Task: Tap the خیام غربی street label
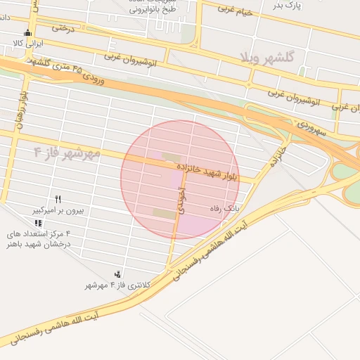tap(234, 9)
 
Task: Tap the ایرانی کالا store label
tap(28, 44)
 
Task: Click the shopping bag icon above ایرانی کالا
tap(27, 32)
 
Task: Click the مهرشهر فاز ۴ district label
tap(67, 153)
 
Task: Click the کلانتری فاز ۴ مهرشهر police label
tap(118, 285)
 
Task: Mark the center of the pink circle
tap(178, 179)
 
